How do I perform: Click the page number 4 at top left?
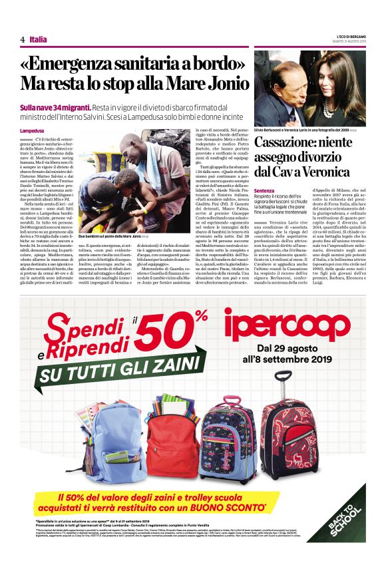(x=22, y=40)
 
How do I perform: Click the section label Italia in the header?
(x=39, y=40)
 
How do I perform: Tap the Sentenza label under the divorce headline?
(x=264, y=190)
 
